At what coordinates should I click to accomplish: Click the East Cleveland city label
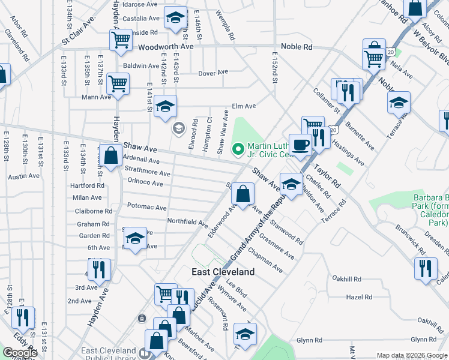223,272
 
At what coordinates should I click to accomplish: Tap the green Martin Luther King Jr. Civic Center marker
238,148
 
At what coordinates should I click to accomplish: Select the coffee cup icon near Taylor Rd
300,144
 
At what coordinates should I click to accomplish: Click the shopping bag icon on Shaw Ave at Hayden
111,155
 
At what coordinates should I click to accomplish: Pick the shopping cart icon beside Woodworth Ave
121,40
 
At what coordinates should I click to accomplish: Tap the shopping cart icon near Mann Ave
118,83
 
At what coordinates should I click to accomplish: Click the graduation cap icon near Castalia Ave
176,18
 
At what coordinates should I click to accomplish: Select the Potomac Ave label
147,207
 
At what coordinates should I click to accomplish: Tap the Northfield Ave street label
187,221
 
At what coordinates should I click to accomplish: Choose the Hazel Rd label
360,297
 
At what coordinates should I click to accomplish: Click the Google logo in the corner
20,352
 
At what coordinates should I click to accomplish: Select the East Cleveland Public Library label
108,355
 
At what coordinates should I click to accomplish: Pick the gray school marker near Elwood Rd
178,128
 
